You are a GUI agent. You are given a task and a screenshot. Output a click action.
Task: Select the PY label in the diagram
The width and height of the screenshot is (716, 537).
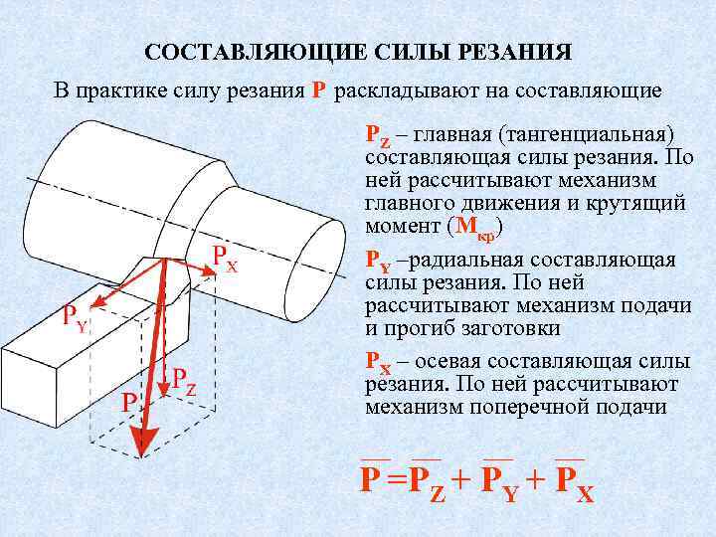point(74,318)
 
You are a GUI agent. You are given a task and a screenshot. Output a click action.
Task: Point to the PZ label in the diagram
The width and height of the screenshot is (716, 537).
point(183,379)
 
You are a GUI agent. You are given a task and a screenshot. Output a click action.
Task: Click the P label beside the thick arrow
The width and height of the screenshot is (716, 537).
point(128,402)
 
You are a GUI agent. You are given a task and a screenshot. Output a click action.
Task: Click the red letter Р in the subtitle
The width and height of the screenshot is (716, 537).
point(317,91)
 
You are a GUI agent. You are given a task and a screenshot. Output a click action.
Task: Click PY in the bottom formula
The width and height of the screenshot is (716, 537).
point(500,481)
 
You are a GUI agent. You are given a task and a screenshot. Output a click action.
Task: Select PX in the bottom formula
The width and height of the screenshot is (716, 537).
point(574,481)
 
